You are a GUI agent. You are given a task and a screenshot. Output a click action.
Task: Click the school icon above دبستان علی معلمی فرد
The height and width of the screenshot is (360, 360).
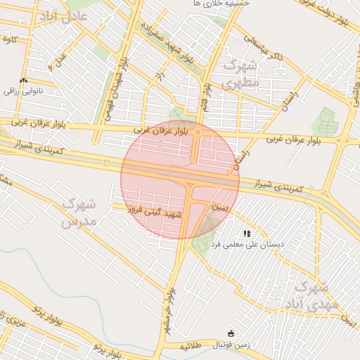247,233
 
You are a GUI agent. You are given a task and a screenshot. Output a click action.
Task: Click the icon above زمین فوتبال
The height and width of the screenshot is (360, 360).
231,333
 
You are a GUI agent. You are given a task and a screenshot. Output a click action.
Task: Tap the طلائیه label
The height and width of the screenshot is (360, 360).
190,347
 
